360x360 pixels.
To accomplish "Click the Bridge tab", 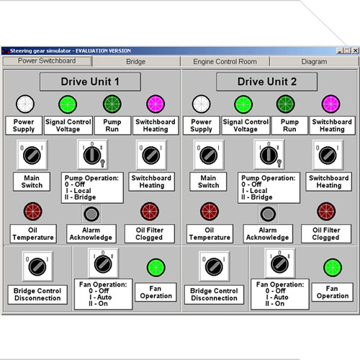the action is coord(136,62).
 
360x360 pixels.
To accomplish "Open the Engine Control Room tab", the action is coord(225,62).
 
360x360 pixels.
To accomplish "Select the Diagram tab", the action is coord(314,62).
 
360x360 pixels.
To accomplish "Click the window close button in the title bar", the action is coord(356,50).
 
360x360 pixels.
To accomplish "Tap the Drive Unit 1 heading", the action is coord(90,82).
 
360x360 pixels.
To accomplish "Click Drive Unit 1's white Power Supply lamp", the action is coord(25,104).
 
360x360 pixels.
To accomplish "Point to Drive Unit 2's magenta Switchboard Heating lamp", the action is coord(330,104).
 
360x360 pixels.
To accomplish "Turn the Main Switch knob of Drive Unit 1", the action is coord(32,156).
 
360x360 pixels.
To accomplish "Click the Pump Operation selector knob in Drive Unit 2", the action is coord(269,156).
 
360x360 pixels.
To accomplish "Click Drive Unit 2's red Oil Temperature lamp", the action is coord(210,212).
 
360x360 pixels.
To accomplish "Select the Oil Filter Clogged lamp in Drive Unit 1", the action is coord(150,212).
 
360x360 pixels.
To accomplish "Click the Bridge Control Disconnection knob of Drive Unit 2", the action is coord(214,266).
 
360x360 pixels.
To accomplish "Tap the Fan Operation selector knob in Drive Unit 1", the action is coord(103,264).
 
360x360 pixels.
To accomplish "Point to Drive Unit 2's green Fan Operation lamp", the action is coord(333,267).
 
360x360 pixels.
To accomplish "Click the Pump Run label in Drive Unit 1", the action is coord(112,125).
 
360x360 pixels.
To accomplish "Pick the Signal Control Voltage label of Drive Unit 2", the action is coord(246,125).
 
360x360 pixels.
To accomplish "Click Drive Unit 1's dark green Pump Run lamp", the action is coord(112,104).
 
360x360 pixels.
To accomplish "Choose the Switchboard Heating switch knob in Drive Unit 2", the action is coord(328,156).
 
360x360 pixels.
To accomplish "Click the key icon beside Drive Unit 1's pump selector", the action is coord(102,163).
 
